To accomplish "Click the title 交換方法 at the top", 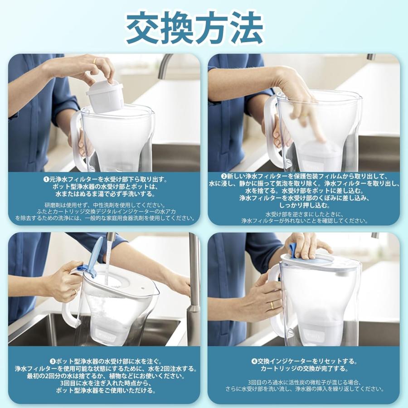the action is (194, 28).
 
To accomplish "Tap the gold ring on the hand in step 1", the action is (95, 61).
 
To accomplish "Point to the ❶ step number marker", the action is (46, 179).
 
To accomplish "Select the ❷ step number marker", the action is (223, 176).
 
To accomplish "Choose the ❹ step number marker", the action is (254, 361).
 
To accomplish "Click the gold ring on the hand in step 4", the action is (272, 305).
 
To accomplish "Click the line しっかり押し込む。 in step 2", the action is (305, 205).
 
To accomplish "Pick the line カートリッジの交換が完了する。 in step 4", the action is (305, 369).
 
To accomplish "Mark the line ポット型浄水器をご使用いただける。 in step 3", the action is (106, 391).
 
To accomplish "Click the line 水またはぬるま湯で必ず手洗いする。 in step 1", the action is (105, 194).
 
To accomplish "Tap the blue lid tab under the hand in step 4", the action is (293, 251).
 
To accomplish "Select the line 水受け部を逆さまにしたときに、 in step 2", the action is (305, 214).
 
